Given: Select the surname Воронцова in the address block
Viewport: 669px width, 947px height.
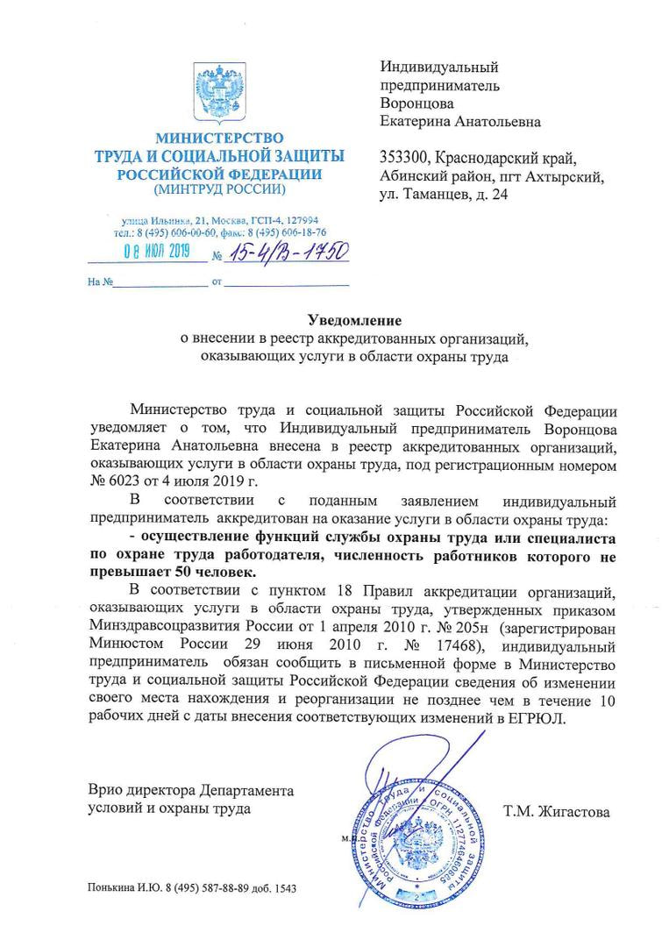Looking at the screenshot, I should point(416,103).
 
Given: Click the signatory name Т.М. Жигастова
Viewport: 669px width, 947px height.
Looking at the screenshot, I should point(557,812).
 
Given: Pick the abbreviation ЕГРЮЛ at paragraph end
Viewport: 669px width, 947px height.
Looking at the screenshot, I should point(539,717).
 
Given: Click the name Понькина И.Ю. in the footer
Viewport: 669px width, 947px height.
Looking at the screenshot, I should point(122,888).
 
